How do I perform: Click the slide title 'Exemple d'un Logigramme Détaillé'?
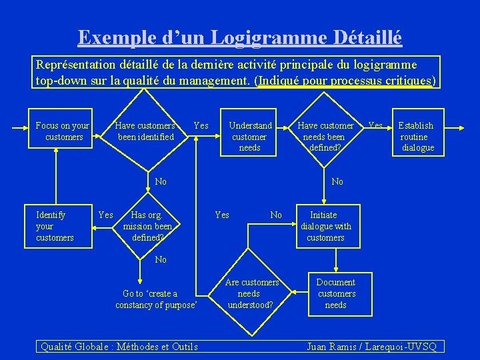tap(240, 37)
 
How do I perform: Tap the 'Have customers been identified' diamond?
tap(145, 131)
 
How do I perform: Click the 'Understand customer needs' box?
tap(250, 136)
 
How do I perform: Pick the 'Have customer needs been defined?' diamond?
tap(326, 136)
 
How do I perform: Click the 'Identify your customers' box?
tap(55, 226)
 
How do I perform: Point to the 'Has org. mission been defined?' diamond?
tap(147, 226)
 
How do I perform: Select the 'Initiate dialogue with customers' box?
tap(326, 226)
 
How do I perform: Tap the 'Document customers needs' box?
tap(336, 293)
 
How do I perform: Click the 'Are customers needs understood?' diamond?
tap(250, 293)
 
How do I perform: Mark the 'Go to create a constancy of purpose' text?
tap(157, 299)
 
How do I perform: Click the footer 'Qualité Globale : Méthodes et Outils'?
tap(119, 347)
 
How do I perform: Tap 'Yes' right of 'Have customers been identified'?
tap(201, 125)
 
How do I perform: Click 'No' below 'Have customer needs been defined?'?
tap(337, 181)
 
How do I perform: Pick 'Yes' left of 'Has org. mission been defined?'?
tap(105, 215)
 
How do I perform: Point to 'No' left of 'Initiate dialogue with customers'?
tap(276, 215)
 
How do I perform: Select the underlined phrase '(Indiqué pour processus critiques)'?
tap(345, 81)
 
